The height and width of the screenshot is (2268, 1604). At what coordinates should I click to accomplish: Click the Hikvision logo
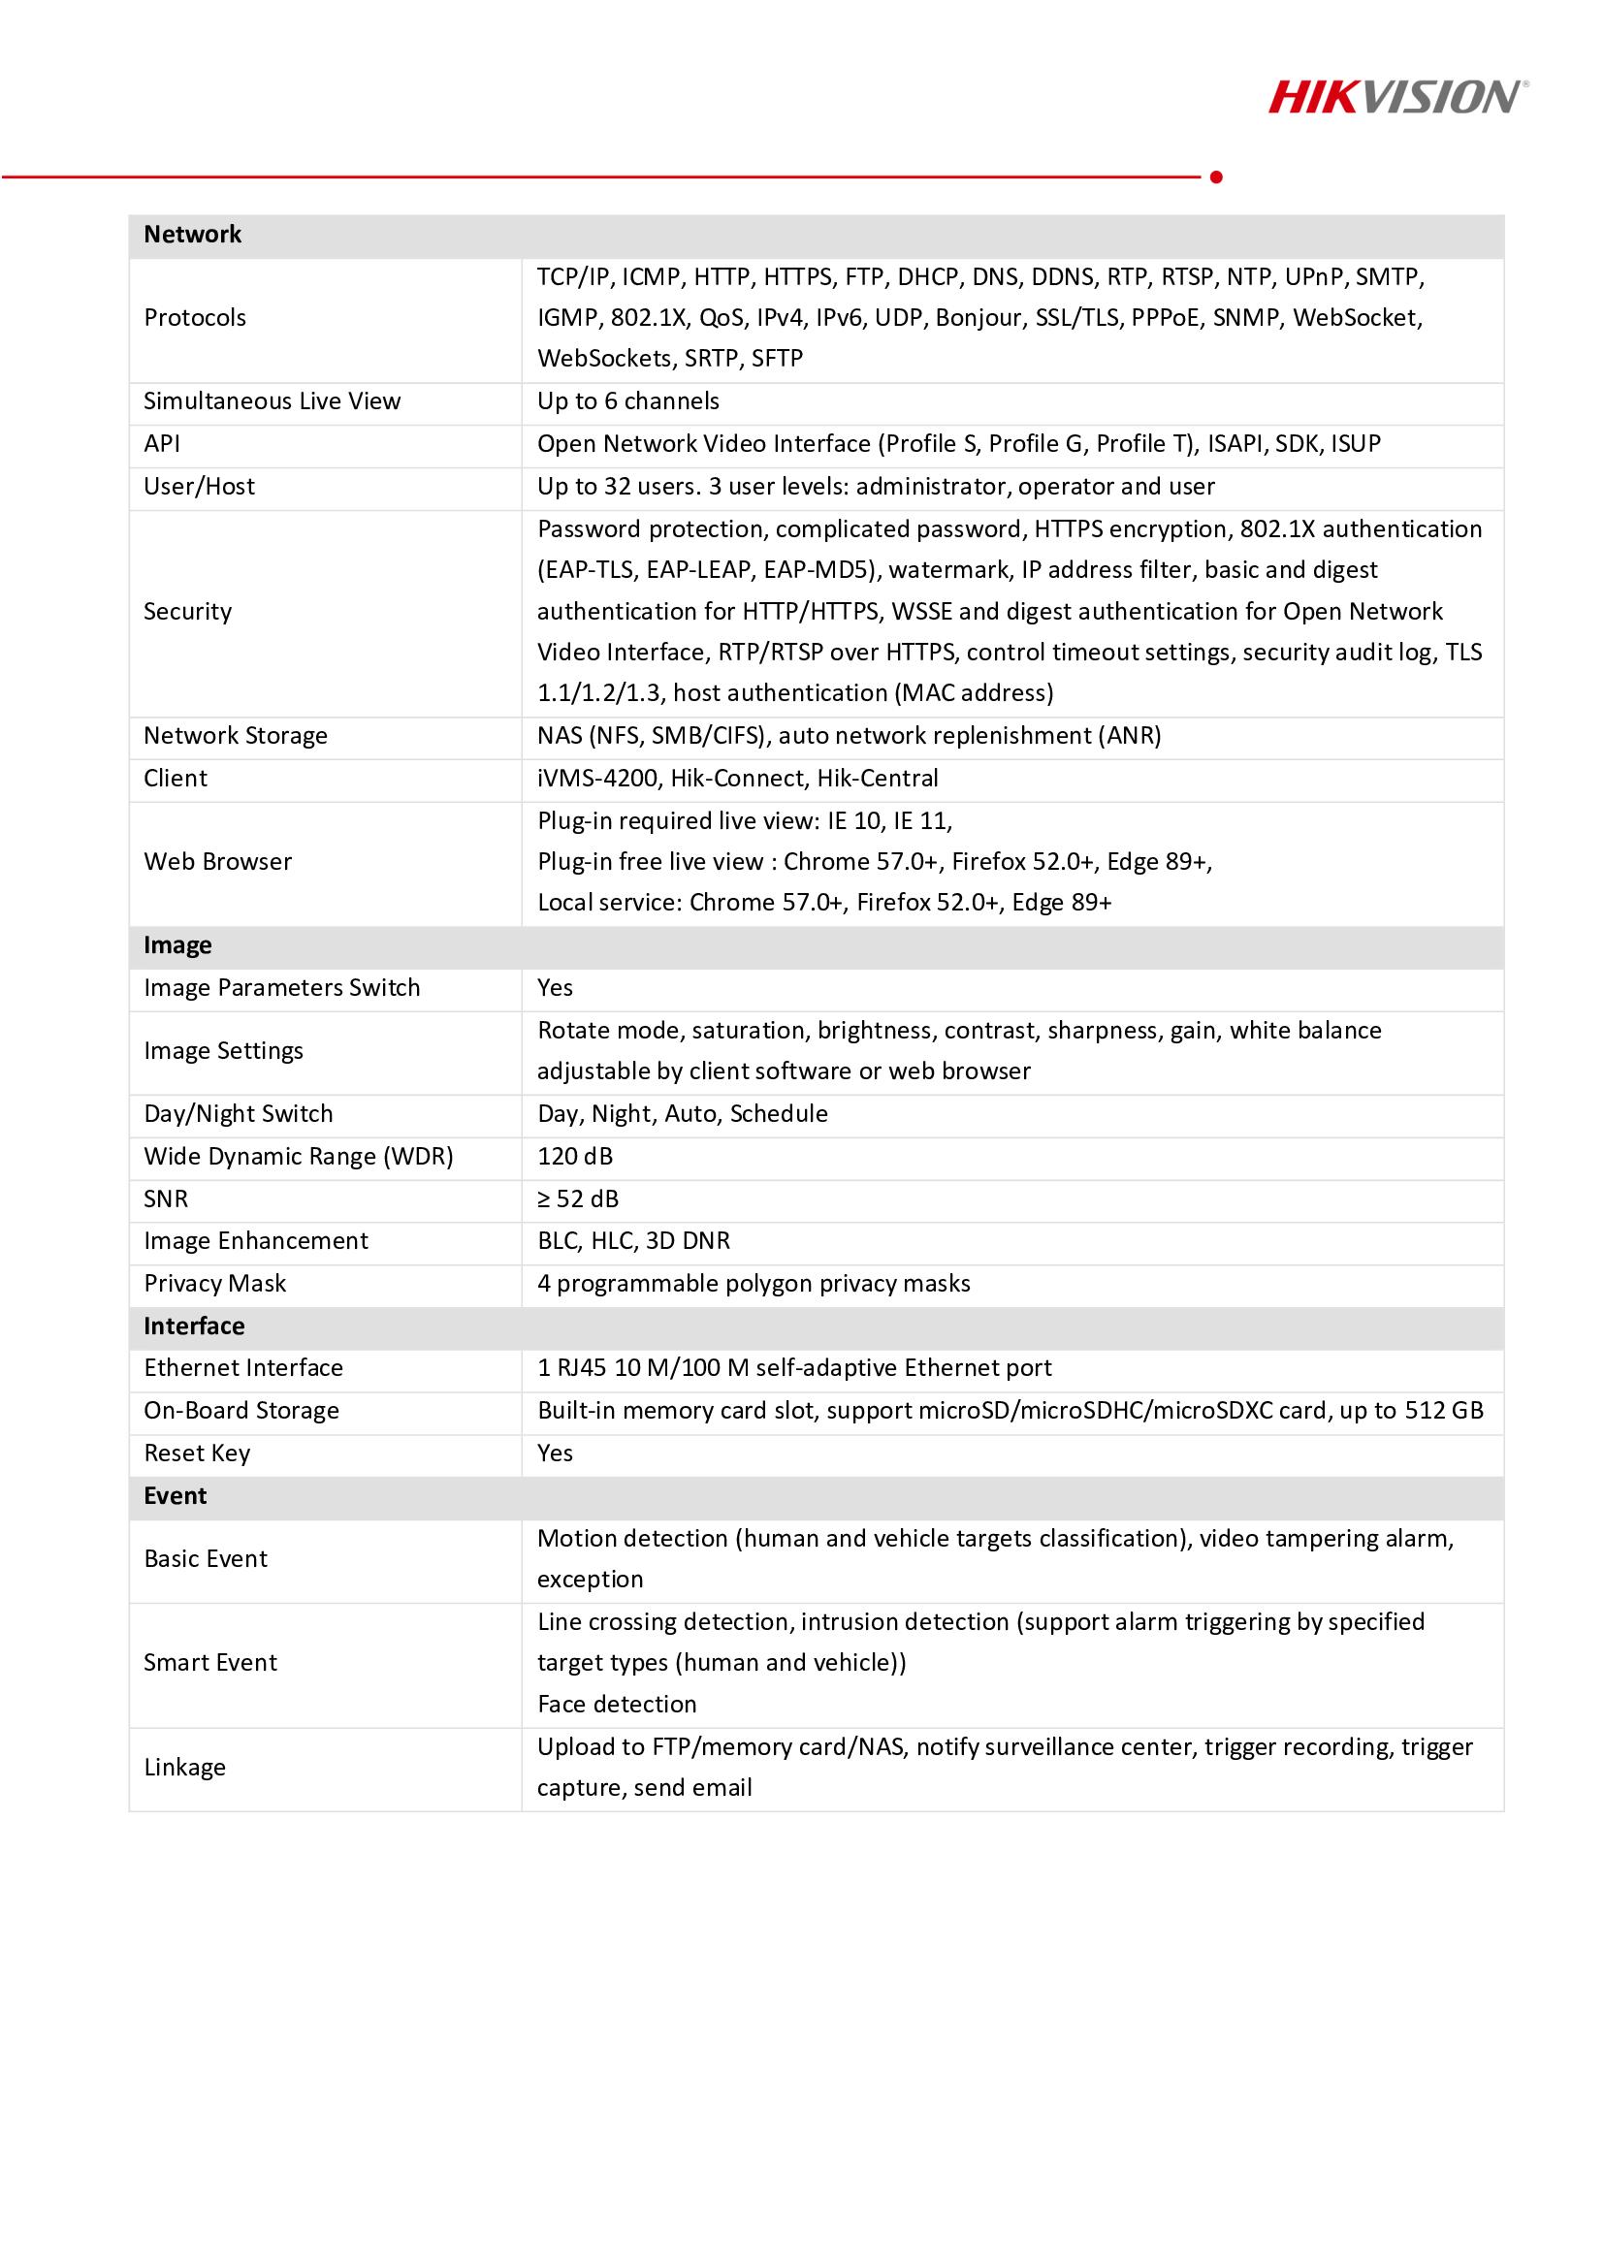1397,97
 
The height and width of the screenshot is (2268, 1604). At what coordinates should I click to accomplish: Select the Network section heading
193,234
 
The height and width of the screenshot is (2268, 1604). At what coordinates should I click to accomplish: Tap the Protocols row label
195,317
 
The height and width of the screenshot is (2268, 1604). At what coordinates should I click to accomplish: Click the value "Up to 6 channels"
628,401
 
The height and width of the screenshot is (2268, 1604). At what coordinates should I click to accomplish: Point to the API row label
162,443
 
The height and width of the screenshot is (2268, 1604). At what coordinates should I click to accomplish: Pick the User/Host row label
199,486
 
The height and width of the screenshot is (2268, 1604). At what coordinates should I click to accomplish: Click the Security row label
188,612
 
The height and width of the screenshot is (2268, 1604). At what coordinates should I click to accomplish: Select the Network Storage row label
235,735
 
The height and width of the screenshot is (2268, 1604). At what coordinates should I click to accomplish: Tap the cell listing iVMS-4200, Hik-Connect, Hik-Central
737,779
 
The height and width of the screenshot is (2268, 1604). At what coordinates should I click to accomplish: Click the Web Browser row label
217,861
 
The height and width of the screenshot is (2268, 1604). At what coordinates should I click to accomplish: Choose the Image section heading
177,945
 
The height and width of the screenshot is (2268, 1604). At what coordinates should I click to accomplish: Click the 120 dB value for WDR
575,1156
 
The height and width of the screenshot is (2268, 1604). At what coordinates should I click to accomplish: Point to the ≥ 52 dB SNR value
578,1198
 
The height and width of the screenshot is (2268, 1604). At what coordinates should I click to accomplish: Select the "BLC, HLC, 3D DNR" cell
633,1241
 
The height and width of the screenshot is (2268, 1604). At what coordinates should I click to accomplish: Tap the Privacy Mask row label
214,1283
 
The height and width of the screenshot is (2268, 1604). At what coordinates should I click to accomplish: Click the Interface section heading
194,1326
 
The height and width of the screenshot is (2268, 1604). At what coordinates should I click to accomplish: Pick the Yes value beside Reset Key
555,1453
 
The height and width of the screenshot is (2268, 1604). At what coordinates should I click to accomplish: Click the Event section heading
175,1495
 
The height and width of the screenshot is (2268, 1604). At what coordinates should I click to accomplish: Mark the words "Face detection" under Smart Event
617,1704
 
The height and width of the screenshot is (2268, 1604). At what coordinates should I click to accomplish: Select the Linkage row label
184,1768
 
